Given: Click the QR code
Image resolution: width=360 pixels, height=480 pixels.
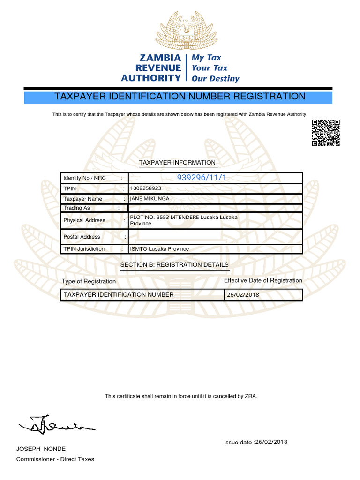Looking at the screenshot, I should pyautogui.click(x=325, y=133).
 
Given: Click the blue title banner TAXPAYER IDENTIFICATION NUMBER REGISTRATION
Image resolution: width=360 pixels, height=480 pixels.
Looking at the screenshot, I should pyautogui.click(x=180, y=97).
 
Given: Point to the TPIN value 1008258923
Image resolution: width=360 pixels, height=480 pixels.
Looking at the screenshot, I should pyautogui.click(x=145, y=188).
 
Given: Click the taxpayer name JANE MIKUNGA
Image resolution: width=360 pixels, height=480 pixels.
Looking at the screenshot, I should pyautogui.click(x=150, y=199).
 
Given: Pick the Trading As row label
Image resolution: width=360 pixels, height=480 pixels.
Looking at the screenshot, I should pyautogui.click(x=76, y=208).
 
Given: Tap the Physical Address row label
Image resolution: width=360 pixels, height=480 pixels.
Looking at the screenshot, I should pyautogui.click(x=84, y=220).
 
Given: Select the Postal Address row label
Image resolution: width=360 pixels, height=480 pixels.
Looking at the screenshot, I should pyautogui.click(x=82, y=237).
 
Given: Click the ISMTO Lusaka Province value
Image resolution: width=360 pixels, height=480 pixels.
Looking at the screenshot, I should pyautogui.click(x=159, y=249).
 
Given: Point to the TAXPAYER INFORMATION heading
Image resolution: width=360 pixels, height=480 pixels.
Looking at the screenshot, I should pyautogui.click(x=177, y=163).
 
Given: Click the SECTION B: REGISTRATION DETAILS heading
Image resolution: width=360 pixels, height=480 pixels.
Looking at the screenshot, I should pyautogui.click(x=174, y=265).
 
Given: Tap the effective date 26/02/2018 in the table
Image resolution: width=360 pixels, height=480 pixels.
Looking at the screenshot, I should pyautogui.click(x=242, y=295).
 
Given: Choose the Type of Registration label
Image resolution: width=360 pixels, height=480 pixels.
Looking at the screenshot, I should pyautogui.click(x=89, y=281).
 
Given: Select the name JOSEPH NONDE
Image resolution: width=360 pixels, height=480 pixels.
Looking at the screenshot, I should pyautogui.click(x=41, y=449).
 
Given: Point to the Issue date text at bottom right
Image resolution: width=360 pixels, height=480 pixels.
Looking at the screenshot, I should pyautogui.click(x=255, y=442).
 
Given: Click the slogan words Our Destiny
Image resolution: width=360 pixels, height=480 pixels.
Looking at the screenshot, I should pyautogui.click(x=215, y=79).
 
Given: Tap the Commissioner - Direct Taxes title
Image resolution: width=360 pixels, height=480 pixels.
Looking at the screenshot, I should pyautogui.click(x=55, y=459).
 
